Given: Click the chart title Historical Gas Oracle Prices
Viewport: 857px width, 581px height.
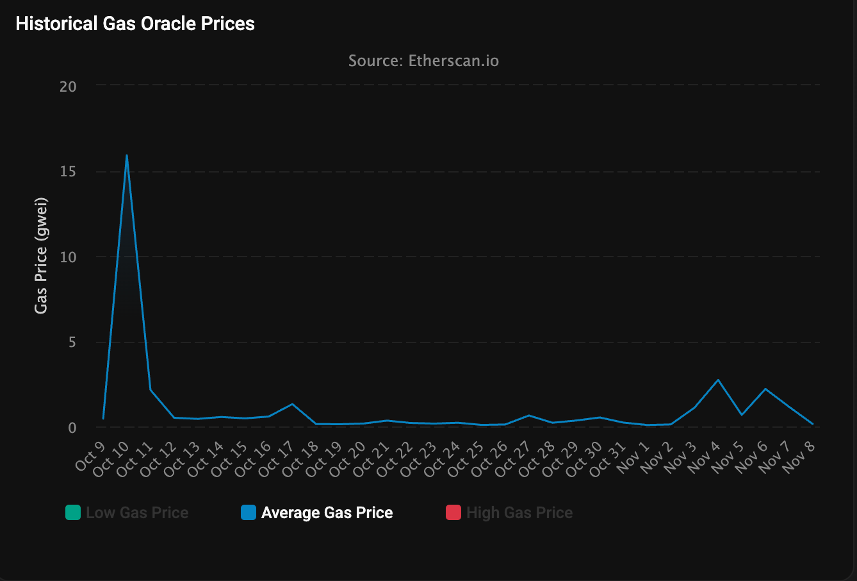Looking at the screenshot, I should (135, 24).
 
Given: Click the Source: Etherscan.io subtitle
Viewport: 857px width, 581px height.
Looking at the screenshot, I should (423, 61).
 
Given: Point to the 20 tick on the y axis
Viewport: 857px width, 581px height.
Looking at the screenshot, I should (68, 87).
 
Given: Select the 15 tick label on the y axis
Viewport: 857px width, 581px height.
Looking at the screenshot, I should (68, 172).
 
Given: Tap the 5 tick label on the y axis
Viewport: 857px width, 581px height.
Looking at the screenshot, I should (72, 342).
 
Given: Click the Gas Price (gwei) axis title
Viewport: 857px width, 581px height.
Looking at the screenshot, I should (41, 255).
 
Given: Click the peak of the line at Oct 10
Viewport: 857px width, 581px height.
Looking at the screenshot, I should (127, 155).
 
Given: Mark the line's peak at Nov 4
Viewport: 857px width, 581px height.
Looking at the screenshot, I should (718, 380).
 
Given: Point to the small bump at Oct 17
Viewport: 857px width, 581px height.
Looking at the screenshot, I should (292, 404).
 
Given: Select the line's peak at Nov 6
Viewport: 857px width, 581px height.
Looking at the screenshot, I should (765, 389).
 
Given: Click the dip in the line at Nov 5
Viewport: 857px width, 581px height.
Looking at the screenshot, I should (741, 415).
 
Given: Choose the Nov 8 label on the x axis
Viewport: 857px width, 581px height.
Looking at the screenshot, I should (801, 456).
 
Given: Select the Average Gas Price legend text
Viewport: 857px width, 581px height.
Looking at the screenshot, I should (327, 513).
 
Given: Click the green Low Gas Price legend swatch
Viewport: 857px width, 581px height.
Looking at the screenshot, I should (73, 513).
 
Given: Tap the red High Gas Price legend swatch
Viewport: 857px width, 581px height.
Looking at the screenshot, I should (453, 513).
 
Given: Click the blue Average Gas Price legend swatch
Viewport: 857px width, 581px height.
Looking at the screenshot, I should (249, 513).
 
